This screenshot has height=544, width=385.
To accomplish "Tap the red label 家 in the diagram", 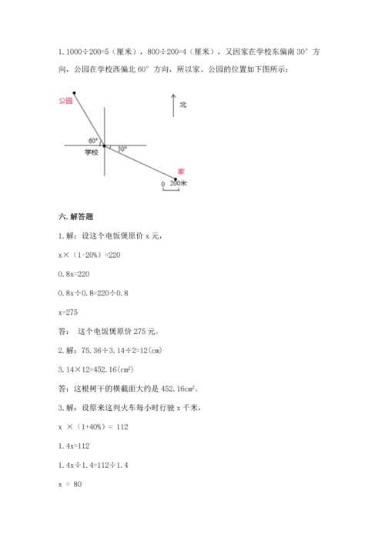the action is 181,171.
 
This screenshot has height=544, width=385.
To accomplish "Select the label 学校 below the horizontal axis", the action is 92,152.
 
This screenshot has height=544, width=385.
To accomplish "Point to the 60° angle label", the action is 93,141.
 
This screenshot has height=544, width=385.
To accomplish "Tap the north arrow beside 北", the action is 173,105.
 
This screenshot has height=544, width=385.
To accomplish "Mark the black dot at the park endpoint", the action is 75,92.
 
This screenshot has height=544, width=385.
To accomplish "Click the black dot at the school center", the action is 105,145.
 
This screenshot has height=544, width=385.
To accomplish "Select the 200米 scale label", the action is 179,183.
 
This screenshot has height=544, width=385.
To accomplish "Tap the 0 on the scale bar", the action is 162,185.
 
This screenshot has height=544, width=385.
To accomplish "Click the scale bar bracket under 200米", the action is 171,191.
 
